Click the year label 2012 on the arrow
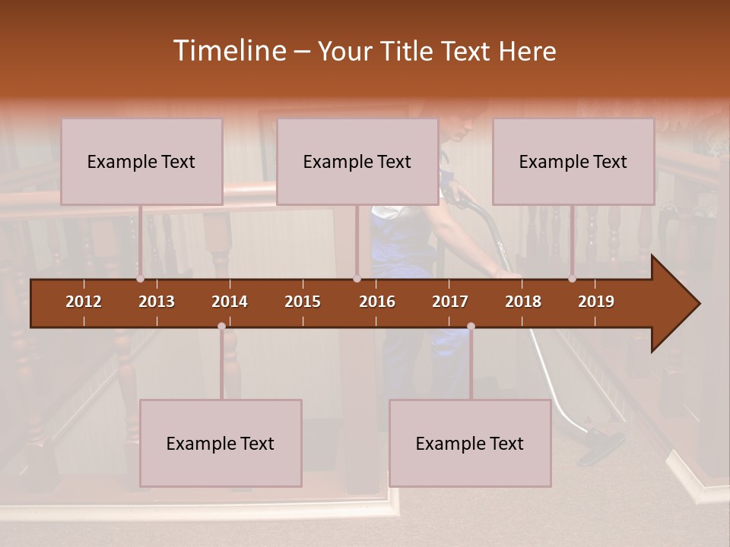(84, 302)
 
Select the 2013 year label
(157, 302)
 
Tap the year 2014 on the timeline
(230, 302)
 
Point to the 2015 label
(303, 302)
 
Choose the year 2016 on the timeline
(377, 302)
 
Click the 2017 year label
(450, 302)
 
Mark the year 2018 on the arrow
(523, 302)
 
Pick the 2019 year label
(596, 302)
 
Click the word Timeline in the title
(229, 51)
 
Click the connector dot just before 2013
(140, 279)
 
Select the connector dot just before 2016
(357, 279)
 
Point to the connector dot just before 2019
(572, 279)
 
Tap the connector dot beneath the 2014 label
(221, 327)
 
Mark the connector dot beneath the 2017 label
(471, 327)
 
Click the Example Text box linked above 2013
(141, 162)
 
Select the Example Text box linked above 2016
(357, 162)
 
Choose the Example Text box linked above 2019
(573, 162)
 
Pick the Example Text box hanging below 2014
(221, 443)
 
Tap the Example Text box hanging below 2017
(470, 443)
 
